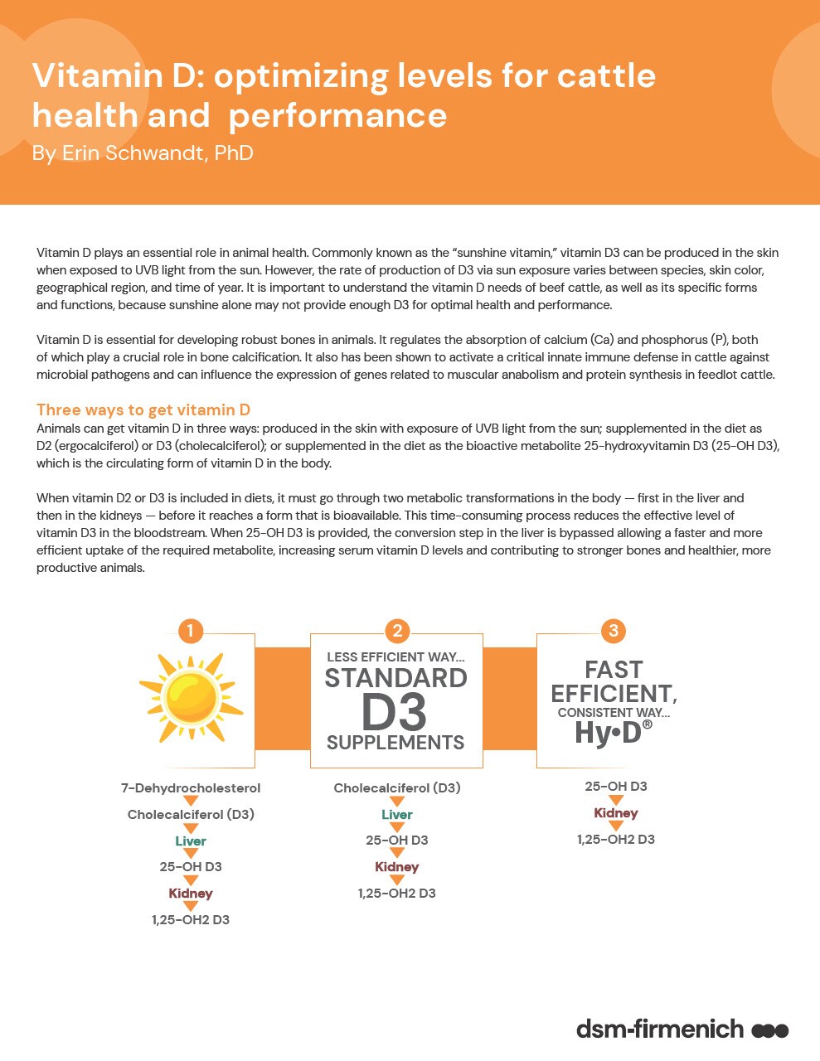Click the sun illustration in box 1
tap(191, 699)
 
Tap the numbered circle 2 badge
tap(397, 631)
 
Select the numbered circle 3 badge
tap(613, 631)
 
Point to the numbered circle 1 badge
tap(190, 631)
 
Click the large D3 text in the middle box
tap(395, 711)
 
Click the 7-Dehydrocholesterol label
tap(191, 787)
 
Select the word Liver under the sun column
tap(191, 841)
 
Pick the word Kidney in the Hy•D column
tap(615, 812)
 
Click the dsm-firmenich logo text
tap(660, 1030)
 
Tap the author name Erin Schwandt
tap(142, 153)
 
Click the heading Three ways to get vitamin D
tap(143, 409)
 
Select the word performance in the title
tap(337, 115)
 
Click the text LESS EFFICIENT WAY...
tap(395, 656)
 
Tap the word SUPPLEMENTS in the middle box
tap(395, 742)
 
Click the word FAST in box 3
tap(613, 669)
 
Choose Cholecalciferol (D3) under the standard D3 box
tap(396, 787)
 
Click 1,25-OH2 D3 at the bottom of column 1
tap(191, 919)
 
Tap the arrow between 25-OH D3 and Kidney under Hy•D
tap(615, 800)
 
